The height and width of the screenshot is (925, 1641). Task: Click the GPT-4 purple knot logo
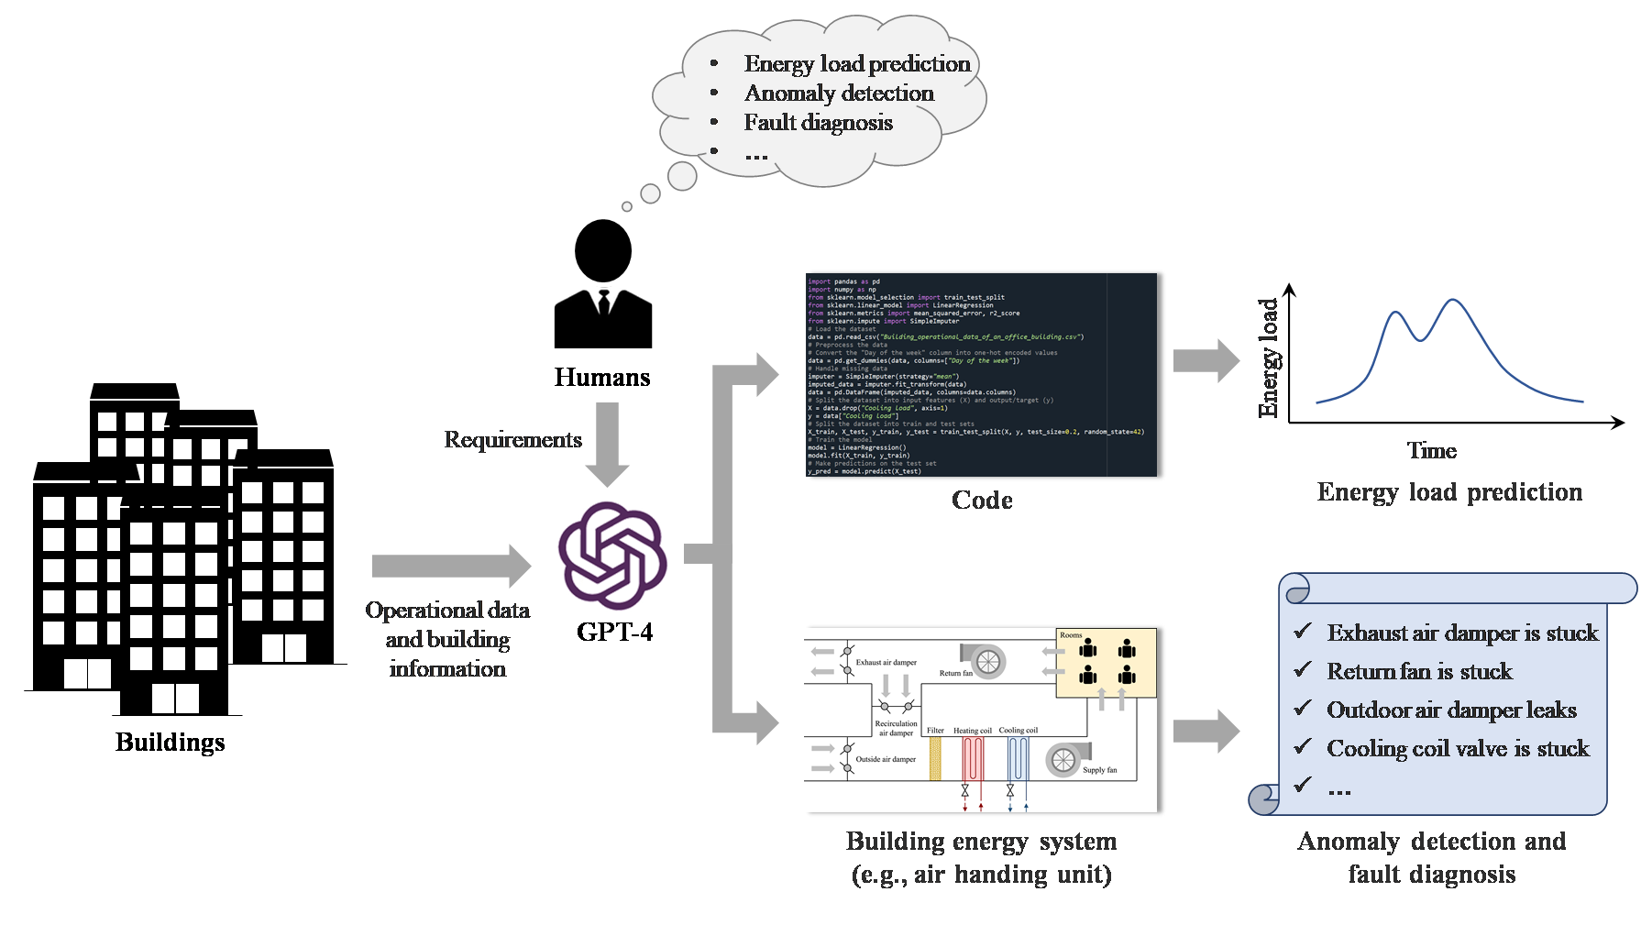click(612, 556)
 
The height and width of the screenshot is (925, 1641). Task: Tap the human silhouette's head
click(602, 251)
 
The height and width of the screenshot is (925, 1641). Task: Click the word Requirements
click(512, 440)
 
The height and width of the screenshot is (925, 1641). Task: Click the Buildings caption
click(170, 742)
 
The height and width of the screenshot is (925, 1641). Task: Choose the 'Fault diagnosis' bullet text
click(818, 123)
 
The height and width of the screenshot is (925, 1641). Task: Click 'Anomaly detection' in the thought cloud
click(839, 94)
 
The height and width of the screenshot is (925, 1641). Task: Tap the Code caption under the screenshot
click(982, 501)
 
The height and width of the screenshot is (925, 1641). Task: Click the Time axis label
click(1431, 451)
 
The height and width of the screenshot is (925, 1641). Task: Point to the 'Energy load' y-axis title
click(1268, 358)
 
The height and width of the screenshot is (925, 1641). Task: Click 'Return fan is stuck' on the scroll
click(1419, 672)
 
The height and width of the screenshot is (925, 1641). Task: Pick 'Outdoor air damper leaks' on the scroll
click(1451, 710)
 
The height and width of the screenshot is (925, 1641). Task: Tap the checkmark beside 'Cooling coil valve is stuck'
click(1302, 747)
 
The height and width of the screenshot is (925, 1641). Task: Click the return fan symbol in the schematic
click(986, 661)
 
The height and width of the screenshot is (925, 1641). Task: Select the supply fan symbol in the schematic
click(1063, 759)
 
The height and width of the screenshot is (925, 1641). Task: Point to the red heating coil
click(972, 759)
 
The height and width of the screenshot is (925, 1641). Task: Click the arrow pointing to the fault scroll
click(1206, 731)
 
